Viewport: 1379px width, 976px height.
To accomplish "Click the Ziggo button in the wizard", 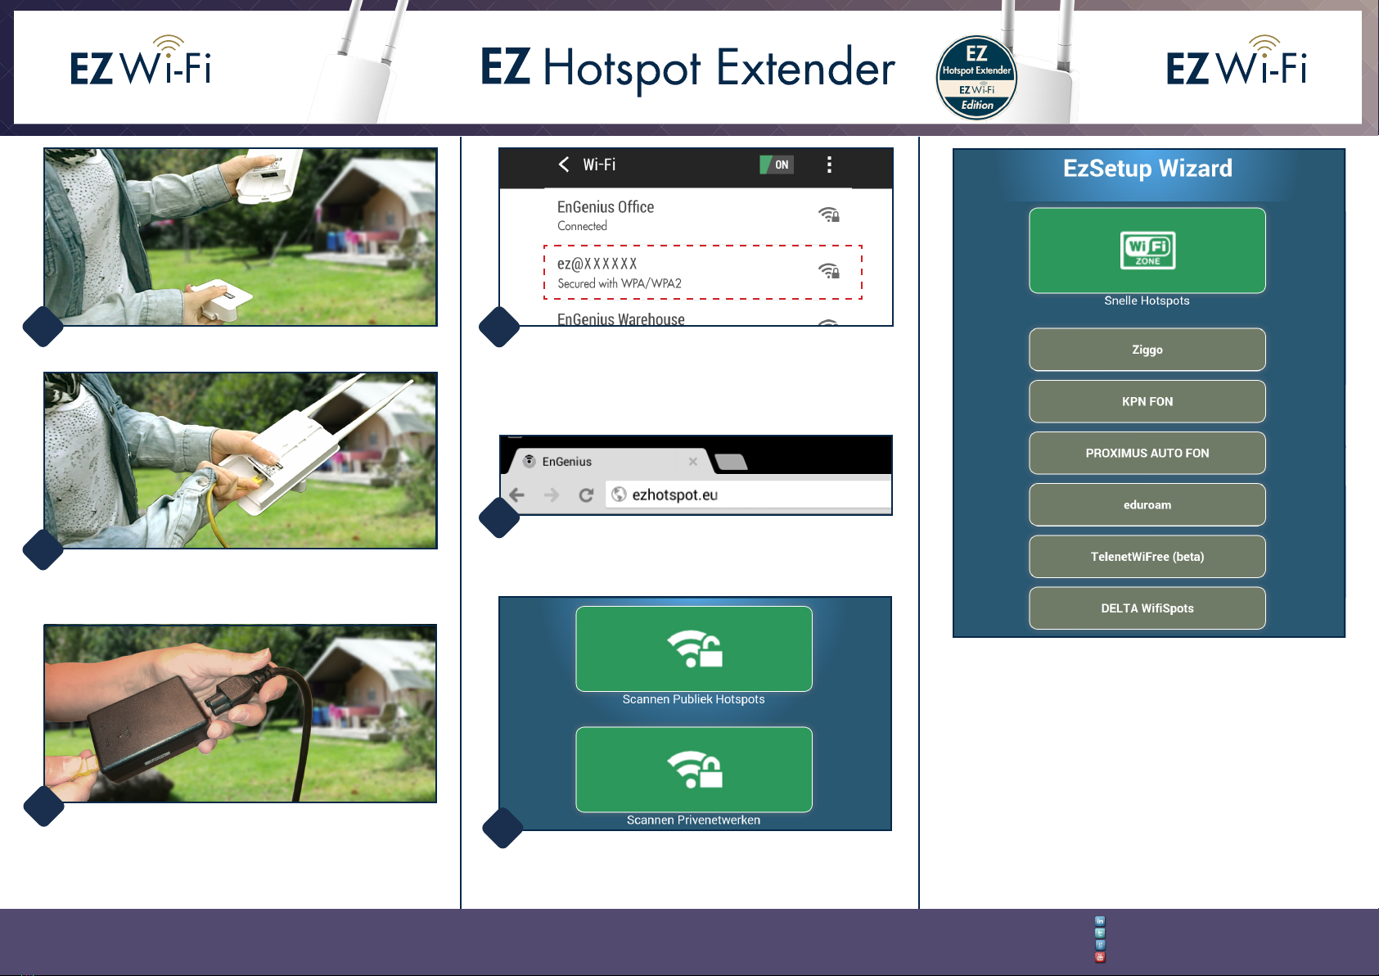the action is click(1147, 349).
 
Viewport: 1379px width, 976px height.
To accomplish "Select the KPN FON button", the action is click(1147, 401).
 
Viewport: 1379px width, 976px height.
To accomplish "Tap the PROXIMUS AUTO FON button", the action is click(1147, 453).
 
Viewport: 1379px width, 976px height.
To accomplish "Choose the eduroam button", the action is click(1147, 504).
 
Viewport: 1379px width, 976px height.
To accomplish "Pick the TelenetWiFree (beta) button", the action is click(1147, 556).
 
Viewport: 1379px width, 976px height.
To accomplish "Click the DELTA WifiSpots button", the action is click(1147, 608).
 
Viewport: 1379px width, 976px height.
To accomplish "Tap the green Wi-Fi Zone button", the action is click(1147, 250).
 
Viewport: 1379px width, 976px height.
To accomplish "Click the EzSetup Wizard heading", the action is click(1147, 168).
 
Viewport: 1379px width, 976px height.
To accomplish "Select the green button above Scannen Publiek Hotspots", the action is click(694, 648).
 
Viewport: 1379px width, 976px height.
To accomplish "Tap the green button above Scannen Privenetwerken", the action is click(694, 769).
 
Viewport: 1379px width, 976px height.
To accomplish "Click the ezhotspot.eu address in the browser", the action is click(674, 495).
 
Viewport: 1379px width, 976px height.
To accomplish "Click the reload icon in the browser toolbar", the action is click(586, 495).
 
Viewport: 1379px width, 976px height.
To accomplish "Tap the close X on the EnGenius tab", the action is click(692, 461).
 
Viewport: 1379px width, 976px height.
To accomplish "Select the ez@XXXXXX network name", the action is click(597, 264).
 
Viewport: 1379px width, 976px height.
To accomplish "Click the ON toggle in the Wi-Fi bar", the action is click(777, 165).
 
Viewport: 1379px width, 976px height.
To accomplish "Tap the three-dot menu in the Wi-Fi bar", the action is click(829, 165).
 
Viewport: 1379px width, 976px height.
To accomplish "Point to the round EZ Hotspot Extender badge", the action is click(976, 78).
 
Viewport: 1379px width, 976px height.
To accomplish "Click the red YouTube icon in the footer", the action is click(1100, 957).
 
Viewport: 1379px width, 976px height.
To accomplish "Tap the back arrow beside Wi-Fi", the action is click(563, 164).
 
